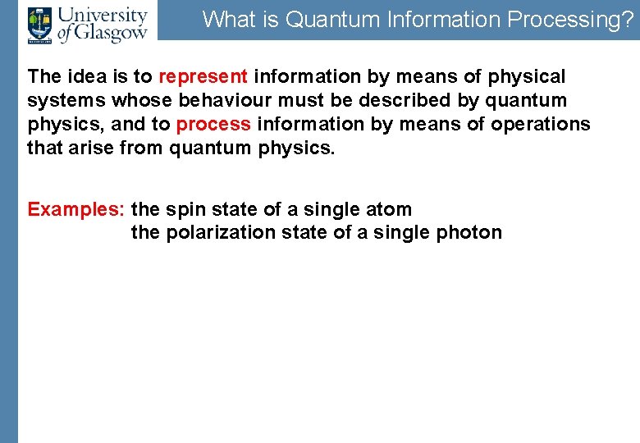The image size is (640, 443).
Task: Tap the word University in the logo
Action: pos(103,15)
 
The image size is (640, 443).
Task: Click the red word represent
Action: pos(203,77)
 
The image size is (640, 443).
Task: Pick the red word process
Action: pos(213,125)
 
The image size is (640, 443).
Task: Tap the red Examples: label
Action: pos(76,209)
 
